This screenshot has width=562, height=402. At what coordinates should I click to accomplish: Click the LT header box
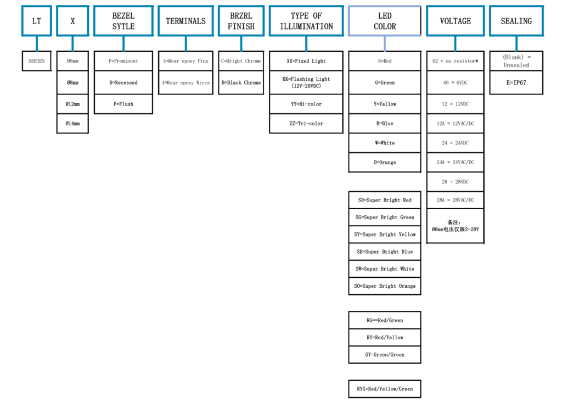(36, 21)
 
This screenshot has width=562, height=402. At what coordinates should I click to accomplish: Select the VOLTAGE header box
(455, 21)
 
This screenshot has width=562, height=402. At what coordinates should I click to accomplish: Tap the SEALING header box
(516, 21)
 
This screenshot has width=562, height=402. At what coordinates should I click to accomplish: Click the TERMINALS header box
(186, 21)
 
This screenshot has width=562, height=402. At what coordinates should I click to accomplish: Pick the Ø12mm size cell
(72, 104)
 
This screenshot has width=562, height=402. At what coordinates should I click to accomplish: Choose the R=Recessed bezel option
(123, 82)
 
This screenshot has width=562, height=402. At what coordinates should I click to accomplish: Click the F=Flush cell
(123, 104)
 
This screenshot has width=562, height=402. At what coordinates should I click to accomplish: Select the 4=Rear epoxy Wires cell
(186, 82)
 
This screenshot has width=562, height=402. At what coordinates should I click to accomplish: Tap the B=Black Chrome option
(241, 82)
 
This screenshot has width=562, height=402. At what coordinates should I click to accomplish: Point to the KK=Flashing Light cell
(306, 82)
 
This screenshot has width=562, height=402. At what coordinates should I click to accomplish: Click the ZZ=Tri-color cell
(306, 124)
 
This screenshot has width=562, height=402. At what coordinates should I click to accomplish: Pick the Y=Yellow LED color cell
(385, 104)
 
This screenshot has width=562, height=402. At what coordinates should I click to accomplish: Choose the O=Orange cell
(385, 163)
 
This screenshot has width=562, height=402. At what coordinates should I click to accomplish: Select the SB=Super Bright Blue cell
(385, 252)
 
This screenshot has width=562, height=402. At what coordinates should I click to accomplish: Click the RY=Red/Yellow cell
(385, 337)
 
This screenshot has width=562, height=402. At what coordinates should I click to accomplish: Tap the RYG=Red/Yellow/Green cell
(385, 389)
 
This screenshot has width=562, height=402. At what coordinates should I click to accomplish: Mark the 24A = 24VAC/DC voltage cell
(455, 162)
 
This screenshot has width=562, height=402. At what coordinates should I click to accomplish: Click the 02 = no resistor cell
(455, 61)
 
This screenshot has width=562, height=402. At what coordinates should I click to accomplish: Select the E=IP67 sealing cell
(516, 83)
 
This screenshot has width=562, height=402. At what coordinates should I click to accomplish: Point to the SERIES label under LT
(36, 61)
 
